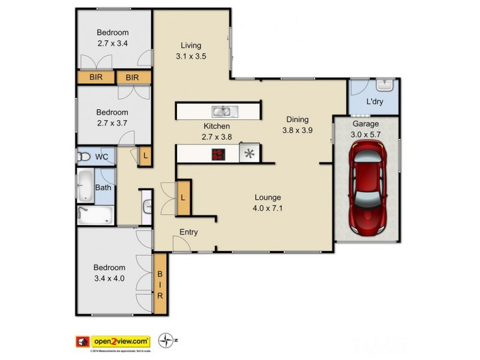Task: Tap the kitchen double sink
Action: (x=224, y=111)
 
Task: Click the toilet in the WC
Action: (x=84, y=157)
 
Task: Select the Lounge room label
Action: (x=268, y=197)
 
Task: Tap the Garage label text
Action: (x=365, y=124)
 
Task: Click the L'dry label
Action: (x=374, y=102)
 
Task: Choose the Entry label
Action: (x=188, y=232)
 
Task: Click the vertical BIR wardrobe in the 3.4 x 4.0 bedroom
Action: (x=160, y=283)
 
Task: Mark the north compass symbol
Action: (x=165, y=340)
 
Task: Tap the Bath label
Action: (x=103, y=188)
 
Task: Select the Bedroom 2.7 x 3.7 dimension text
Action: (x=113, y=122)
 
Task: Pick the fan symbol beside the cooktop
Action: (x=249, y=154)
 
